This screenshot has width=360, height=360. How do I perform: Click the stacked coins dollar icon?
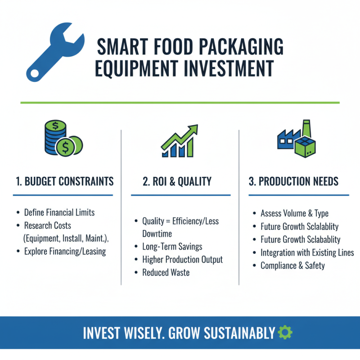63,138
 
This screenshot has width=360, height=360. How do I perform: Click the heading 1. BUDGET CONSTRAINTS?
65,181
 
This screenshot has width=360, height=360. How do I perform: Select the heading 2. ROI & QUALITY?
177,181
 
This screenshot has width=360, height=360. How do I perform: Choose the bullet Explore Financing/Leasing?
65,251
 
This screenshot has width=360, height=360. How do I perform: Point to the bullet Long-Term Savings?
172,247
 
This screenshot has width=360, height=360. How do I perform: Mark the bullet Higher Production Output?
182,260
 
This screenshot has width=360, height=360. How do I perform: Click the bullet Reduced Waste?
166,272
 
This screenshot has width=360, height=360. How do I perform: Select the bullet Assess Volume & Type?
295,213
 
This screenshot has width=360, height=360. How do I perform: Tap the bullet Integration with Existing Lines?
307,252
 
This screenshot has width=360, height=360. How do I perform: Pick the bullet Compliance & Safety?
292,265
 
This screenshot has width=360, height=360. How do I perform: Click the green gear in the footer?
285,333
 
